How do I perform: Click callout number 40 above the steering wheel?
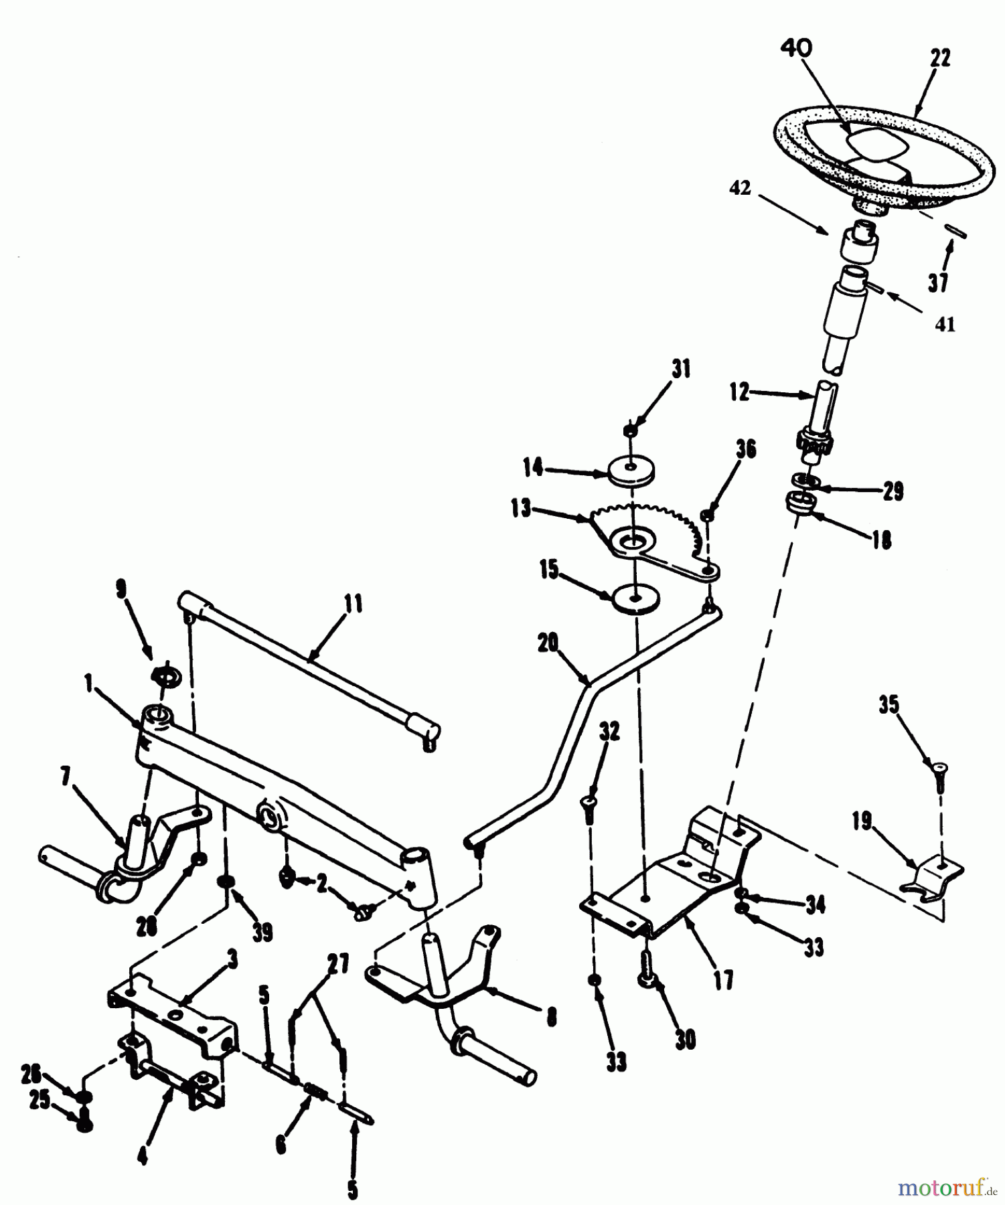point(796,48)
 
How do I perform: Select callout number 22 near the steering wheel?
point(940,58)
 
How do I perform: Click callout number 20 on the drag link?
point(548,643)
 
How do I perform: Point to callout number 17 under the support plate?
point(723,981)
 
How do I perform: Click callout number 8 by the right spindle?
point(551,1018)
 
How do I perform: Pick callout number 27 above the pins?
point(339,964)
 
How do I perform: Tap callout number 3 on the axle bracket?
point(232,961)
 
